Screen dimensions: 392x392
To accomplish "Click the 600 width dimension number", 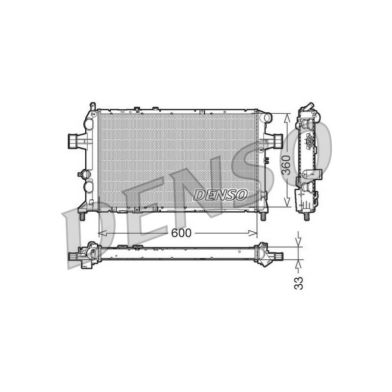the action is coord(181,233).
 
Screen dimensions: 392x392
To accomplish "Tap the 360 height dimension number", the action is coord(286,165).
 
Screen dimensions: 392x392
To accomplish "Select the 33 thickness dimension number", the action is coord(298,283).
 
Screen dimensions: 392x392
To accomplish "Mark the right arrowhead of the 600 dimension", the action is coord(253,233).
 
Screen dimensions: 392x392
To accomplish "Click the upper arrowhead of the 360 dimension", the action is coord(288,118).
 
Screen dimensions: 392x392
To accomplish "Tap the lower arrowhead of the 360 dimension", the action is coord(288,202).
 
